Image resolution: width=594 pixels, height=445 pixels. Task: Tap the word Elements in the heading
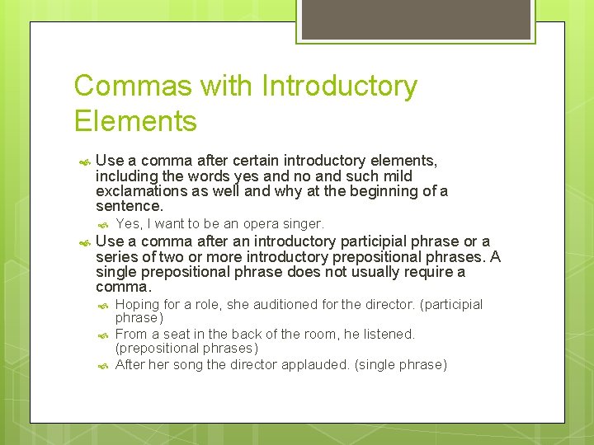(x=135, y=121)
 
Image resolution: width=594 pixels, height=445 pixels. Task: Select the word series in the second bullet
(x=117, y=256)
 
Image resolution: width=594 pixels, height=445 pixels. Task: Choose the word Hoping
(x=138, y=305)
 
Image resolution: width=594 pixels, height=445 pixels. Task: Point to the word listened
(x=389, y=334)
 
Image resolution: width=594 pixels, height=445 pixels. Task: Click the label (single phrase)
(x=401, y=364)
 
